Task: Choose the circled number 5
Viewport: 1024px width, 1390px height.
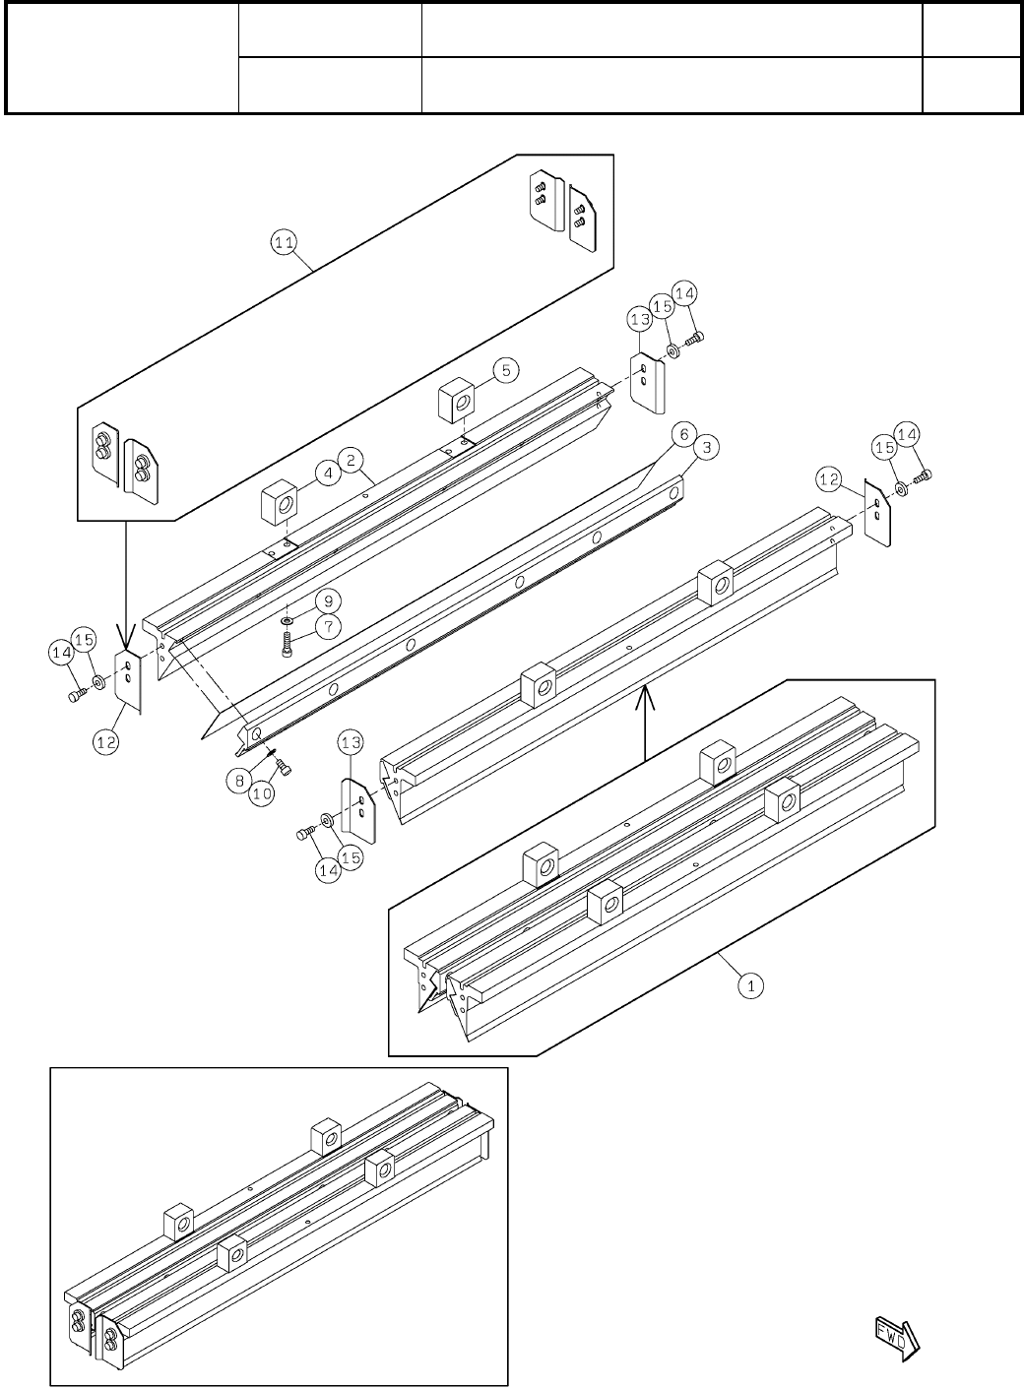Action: (504, 370)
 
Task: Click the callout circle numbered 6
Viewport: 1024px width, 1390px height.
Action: (680, 432)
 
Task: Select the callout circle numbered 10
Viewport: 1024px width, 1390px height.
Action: (261, 793)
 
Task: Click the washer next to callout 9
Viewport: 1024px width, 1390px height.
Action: (286, 622)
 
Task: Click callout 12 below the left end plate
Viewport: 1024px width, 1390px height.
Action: (107, 742)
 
